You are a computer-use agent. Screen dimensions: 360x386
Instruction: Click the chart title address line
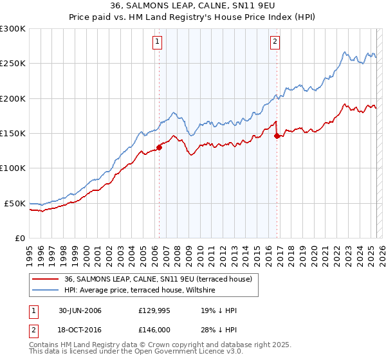(193, 6)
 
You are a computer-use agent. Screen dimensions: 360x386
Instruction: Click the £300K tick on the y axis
(12, 29)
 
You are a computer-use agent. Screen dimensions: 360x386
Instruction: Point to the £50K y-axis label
(15, 203)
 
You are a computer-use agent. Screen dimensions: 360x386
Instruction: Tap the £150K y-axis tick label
(12, 133)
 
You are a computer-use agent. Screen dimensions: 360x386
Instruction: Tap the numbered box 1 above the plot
(158, 42)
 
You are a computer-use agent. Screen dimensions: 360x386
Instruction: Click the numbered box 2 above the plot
(275, 42)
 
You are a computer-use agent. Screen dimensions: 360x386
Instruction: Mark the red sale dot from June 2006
(159, 147)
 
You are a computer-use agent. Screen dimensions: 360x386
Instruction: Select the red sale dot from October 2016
(277, 136)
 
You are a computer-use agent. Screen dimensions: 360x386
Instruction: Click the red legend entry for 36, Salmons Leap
(161, 279)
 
